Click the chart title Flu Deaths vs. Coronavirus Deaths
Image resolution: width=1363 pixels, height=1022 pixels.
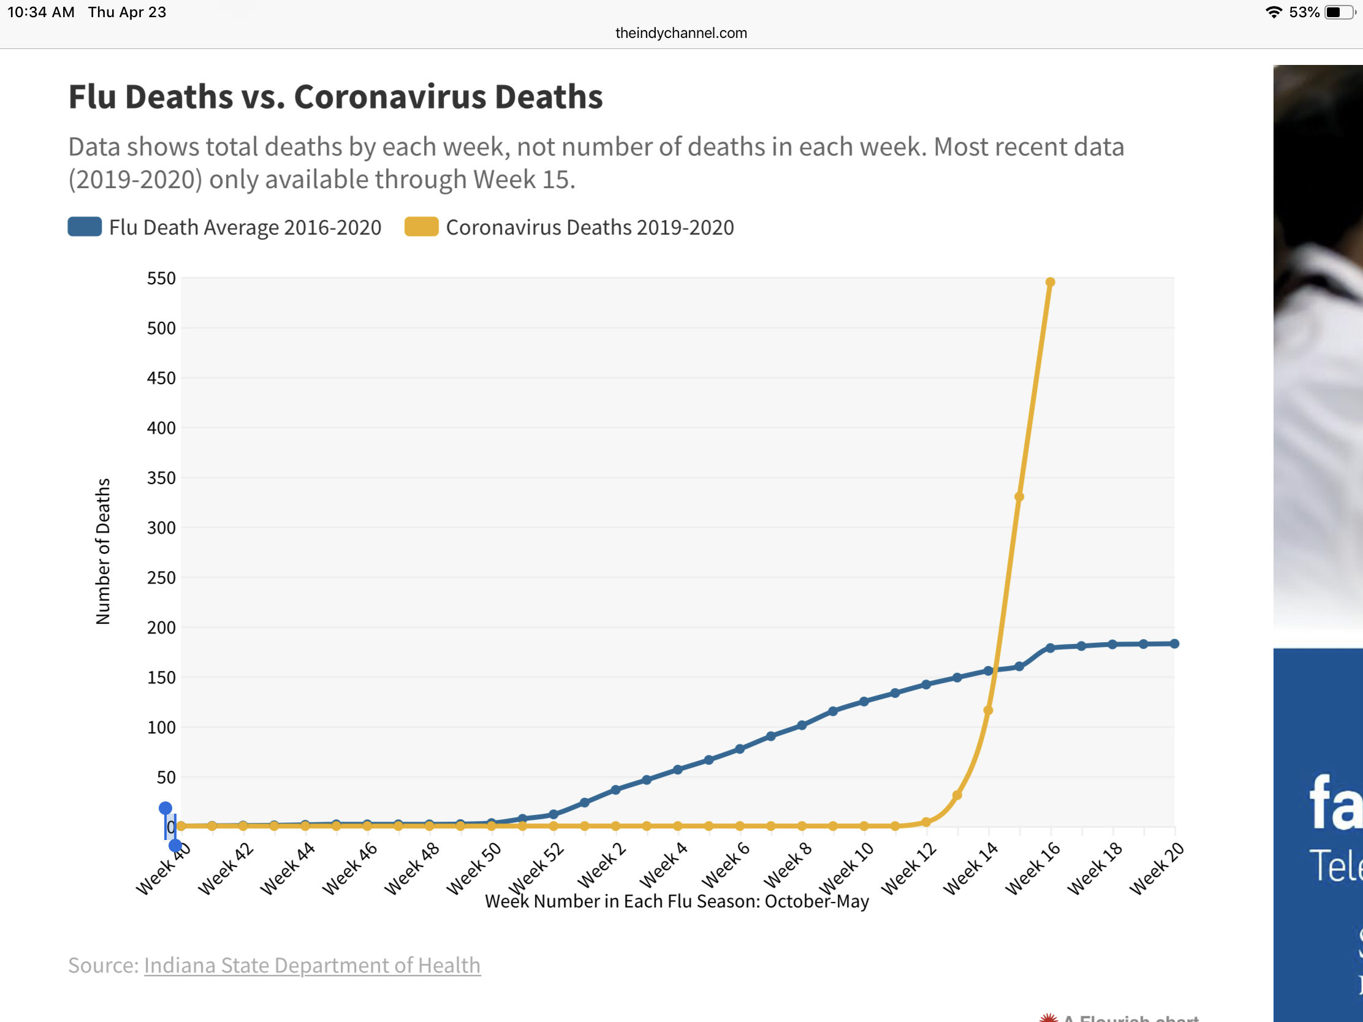pyautogui.click(x=335, y=97)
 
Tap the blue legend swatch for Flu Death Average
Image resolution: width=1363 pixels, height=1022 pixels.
pyautogui.click(x=85, y=227)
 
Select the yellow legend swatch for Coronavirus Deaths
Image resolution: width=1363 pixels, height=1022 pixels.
pyautogui.click(x=421, y=227)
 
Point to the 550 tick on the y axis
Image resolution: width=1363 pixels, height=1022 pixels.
pyautogui.click(x=161, y=278)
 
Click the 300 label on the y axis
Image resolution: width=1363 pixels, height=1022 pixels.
pyautogui.click(x=161, y=528)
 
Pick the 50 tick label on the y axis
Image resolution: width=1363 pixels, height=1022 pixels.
pyautogui.click(x=165, y=778)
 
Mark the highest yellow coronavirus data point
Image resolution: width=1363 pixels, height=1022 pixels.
pyautogui.click(x=1050, y=282)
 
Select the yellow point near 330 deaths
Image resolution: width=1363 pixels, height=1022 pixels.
pyautogui.click(x=1019, y=496)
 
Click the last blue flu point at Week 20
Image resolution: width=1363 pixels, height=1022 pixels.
pyautogui.click(x=1174, y=644)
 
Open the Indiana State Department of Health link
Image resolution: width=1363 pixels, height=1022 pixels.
pyautogui.click(x=312, y=966)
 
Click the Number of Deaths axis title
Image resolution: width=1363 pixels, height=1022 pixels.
pyautogui.click(x=103, y=551)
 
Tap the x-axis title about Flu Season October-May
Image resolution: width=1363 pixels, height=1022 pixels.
pyautogui.click(x=677, y=901)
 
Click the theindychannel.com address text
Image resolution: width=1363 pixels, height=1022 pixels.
pyautogui.click(x=681, y=33)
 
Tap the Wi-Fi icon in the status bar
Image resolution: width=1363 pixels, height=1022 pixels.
pyautogui.click(x=1273, y=12)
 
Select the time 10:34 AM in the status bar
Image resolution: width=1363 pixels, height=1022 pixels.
pyautogui.click(x=40, y=12)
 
